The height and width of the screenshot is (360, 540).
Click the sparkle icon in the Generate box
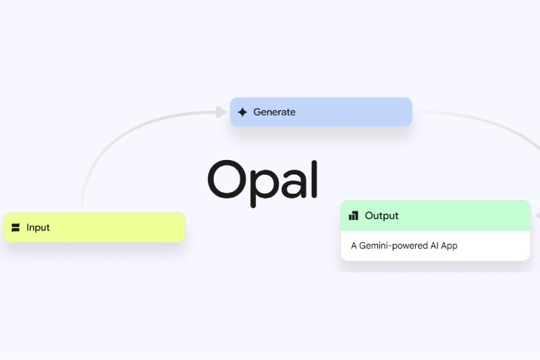(x=242, y=112)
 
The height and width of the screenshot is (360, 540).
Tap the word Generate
(x=274, y=112)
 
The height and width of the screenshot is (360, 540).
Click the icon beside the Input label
(x=16, y=228)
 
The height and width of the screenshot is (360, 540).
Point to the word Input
(x=38, y=228)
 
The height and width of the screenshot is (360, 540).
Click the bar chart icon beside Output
(x=354, y=216)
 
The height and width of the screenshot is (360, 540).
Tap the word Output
(x=381, y=216)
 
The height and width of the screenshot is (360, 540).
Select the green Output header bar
(x=459, y=216)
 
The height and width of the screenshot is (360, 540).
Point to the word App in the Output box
(x=449, y=246)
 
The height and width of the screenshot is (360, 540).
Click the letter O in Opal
(x=229, y=179)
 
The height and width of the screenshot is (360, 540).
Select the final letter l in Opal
(x=313, y=178)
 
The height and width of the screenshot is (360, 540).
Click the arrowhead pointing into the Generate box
(x=221, y=112)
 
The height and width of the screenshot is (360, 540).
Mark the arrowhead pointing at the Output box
(x=537, y=216)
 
